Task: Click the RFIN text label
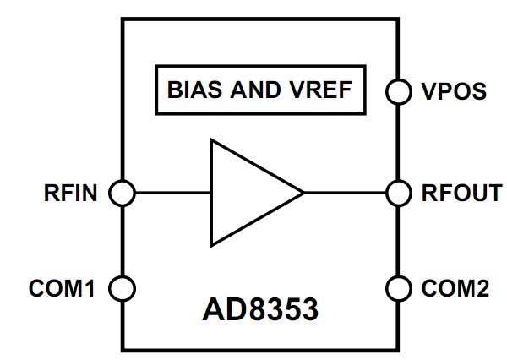[x=70, y=194]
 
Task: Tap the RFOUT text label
[x=461, y=194]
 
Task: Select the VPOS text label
[x=454, y=91]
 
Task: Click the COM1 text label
[x=62, y=288]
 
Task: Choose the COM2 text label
[x=455, y=288]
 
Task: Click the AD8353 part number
[x=260, y=309]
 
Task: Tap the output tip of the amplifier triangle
[x=304, y=194]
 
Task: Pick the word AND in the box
[x=255, y=90]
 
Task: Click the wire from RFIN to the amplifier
[x=173, y=194]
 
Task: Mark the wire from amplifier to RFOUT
[x=345, y=194]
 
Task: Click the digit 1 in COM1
[x=90, y=288]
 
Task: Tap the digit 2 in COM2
[x=482, y=288]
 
